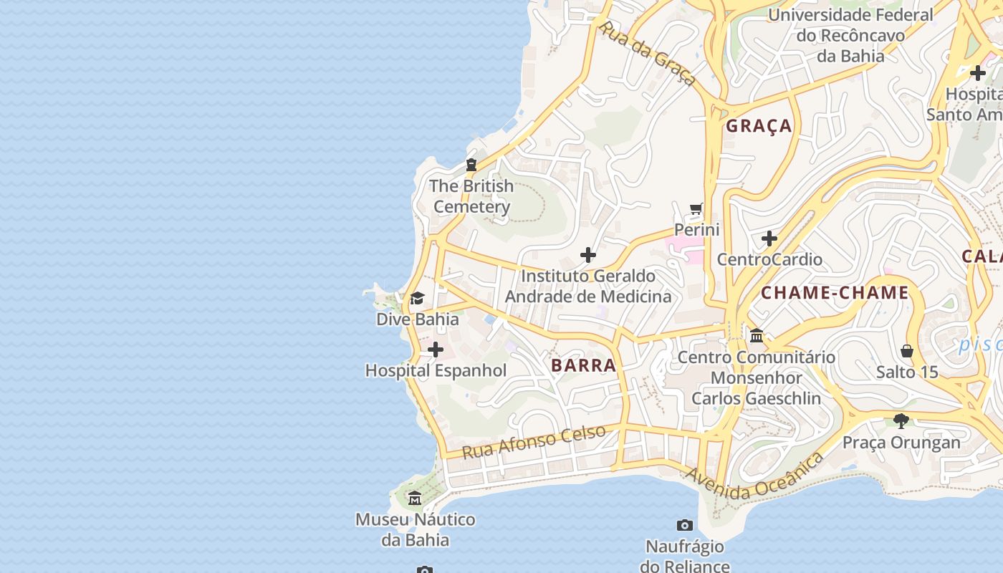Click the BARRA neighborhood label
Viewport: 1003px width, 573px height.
pos(583,365)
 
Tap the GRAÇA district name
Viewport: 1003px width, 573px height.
pos(759,126)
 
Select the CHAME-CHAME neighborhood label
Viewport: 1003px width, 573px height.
pos(835,293)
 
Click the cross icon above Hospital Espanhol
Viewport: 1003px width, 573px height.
pos(435,350)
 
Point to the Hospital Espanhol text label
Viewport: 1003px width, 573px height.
pos(436,371)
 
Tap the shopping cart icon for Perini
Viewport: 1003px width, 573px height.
pos(696,209)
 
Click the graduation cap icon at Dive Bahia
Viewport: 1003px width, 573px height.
pos(417,298)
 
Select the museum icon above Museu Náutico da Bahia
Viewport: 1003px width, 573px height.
pos(415,498)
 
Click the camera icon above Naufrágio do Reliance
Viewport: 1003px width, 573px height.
pos(684,526)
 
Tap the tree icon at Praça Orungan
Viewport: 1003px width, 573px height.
pos(901,421)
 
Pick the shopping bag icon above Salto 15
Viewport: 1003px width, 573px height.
pos(907,351)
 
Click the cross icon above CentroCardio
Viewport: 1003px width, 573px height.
pos(769,238)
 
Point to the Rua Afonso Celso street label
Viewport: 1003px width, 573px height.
pos(534,441)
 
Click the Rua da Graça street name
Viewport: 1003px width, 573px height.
pos(646,54)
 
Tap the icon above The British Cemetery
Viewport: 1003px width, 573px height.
pos(471,165)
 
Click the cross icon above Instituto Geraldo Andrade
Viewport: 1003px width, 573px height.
pos(587,255)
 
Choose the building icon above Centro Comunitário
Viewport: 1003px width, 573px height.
pos(757,335)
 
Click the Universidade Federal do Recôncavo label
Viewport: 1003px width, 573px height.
pos(850,35)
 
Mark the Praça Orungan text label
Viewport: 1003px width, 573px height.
pos(901,443)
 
